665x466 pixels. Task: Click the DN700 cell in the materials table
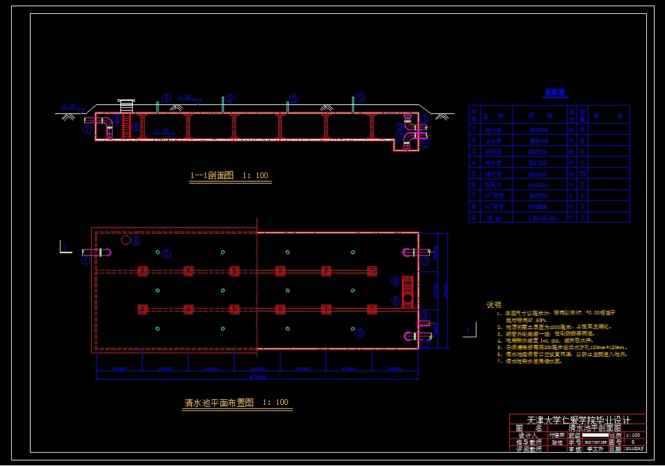coord(539,162)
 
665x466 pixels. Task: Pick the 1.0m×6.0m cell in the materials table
coord(539,218)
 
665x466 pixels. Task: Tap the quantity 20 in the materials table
coord(582,173)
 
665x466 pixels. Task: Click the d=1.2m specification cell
coord(539,184)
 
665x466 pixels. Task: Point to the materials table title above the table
coord(554,92)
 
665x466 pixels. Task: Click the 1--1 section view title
coord(230,176)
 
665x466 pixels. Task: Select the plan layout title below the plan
coord(237,403)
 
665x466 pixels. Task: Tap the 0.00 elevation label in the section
coord(68,106)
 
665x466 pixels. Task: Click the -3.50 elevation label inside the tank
coord(161,131)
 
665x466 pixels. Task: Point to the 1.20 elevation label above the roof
coord(185,97)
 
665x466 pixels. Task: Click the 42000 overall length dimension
coord(257,376)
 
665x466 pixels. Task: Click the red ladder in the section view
coord(127,126)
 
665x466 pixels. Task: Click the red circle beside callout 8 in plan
coord(125,240)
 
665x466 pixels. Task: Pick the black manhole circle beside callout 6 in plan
coord(408,300)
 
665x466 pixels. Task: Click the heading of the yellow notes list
coord(493,305)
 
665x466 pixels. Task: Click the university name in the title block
coord(578,421)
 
